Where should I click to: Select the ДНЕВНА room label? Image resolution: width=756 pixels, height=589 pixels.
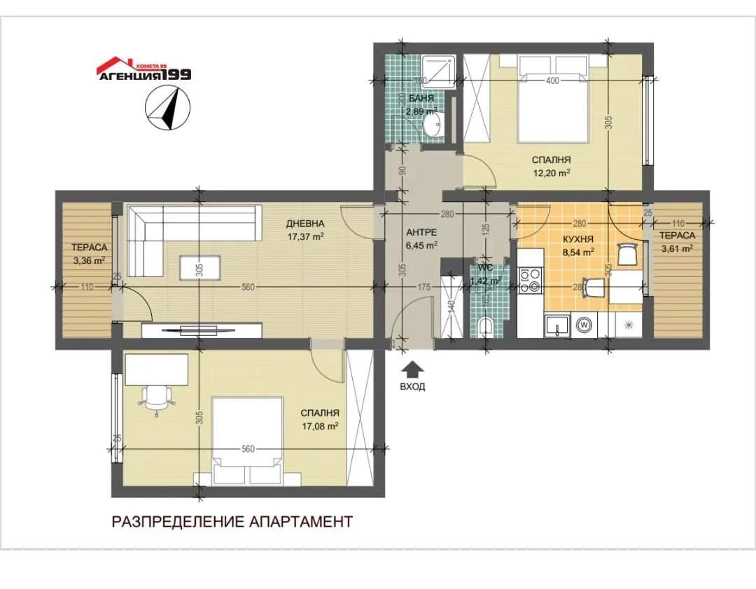[x=304, y=224]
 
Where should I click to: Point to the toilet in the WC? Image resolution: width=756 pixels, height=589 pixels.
[x=488, y=325]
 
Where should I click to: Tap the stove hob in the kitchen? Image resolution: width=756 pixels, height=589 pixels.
[x=529, y=280]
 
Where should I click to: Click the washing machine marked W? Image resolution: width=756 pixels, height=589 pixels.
[x=584, y=325]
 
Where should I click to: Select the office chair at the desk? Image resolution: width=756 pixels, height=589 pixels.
[x=157, y=399]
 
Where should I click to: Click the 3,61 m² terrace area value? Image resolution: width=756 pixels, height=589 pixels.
[x=676, y=248]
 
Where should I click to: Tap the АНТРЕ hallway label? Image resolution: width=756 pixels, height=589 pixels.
[x=421, y=232]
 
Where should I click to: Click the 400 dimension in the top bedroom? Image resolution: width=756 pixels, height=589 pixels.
[x=552, y=81]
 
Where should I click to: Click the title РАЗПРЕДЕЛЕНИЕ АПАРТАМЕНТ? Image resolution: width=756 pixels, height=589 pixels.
[x=232, y=521]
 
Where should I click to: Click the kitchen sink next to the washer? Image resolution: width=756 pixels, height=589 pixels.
[x=557, y=325]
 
